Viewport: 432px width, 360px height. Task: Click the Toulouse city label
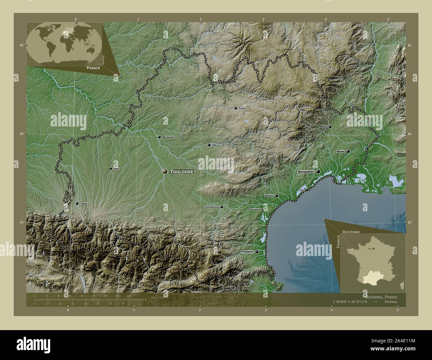[181, 172]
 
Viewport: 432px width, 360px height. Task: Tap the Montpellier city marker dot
[318, 172]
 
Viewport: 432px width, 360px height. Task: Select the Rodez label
[242, 108]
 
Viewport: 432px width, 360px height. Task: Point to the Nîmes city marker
[348, 151]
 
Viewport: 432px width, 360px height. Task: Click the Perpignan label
[247, 252]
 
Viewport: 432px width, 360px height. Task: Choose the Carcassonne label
[211, 207]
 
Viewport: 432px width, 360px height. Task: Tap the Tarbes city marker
[77, 203]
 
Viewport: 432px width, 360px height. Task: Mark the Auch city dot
[111, 169]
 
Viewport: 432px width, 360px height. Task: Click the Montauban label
[168, 137]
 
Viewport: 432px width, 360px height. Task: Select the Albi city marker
[209, 145]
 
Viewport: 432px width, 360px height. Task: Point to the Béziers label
[269, 196]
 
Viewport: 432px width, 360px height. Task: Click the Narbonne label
[255, 210]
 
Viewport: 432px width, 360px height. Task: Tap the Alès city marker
[330, 127]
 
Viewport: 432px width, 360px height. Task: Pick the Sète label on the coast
[301, 190]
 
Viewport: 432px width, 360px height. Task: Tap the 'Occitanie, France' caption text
[380, 296]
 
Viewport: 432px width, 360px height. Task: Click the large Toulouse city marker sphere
[165, 171]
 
